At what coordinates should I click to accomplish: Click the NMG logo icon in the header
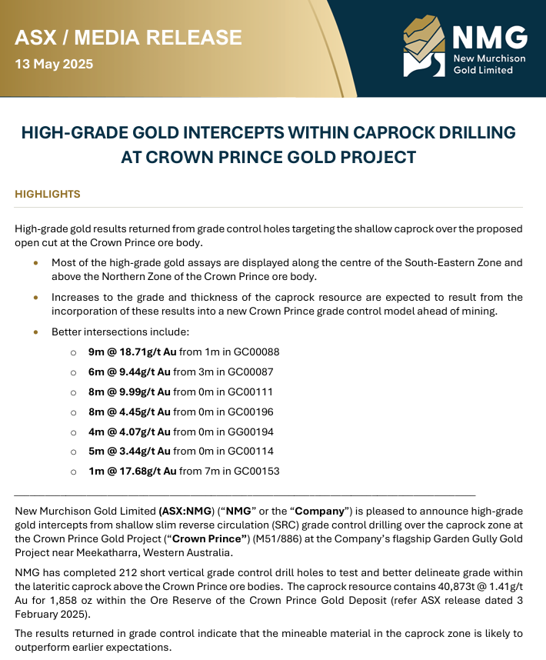pyautogui.click(x=424, y=48)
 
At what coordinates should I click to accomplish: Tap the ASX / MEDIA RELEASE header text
pyautogui.click(x=128, y=37)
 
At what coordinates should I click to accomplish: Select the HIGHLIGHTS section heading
pyautogui.click(x=48, y=194)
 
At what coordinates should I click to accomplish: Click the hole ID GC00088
pyautogui.click(x=257, y=352)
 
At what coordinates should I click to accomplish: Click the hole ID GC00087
pyautogui.click(x=257, y=372)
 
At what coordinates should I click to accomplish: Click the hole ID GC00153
pyautogui.click(x=257, y=472)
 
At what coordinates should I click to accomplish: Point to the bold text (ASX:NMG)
pyautogui.click(x=185, y=512)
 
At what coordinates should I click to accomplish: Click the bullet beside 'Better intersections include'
pyautogui.click(x=35, y=332)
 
